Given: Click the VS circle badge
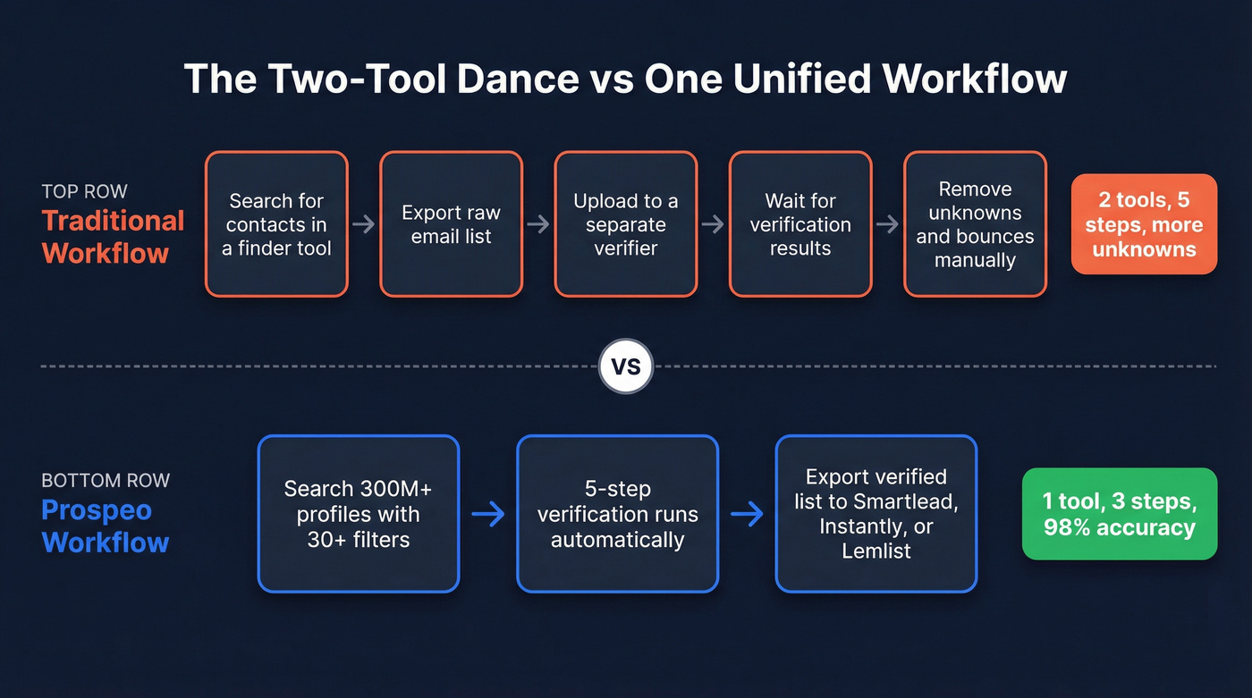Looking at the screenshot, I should [x=626, y=366].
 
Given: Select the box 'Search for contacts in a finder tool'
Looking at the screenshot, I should [x=276, y=224].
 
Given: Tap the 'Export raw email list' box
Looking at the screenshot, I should [x=451, y=224].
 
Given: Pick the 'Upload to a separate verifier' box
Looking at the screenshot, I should [x=625, y=224].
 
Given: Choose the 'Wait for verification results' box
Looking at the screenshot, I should [x=799, y=224].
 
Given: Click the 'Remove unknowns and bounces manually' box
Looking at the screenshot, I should [x=975, y=224].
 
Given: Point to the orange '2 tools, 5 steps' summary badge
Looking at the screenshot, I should [x=1144, y=224].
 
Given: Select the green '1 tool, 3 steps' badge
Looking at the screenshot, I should [x=1119, y=514].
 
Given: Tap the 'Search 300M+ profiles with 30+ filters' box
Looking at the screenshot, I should [x=358, y=514].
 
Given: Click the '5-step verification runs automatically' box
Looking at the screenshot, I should [x=617, y=514].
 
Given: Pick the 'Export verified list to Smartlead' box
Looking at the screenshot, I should [x=876, y=514].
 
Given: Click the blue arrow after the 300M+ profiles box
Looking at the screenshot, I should [x=487, y=514].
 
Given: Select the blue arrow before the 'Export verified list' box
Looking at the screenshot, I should [x=747, y=514].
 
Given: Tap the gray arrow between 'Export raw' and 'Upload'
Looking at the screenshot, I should [x=538, y=224].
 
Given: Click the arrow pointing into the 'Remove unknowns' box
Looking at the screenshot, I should [x=887, y=224].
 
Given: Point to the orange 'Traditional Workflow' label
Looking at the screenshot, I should [x=113, y=237].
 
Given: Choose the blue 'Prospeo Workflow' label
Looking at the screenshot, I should [x=105, y=526].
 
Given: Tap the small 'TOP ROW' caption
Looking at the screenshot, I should [x=84, y=191].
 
